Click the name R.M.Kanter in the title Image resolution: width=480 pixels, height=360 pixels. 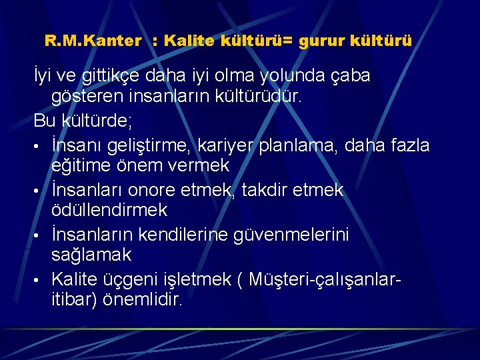(93, 41)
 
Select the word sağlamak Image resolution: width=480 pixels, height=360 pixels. (91, 255)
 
